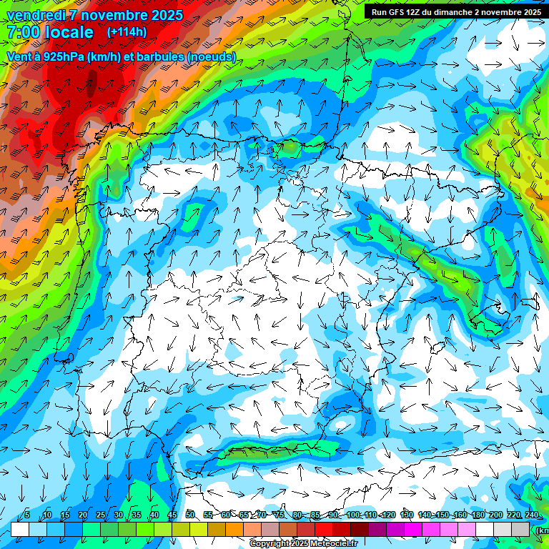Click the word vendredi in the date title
pyautogui.click(x=34, y=15)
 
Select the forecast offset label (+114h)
pyautogui.click(x=126, y=32)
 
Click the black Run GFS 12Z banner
pyautogui.click(x=455, y=12)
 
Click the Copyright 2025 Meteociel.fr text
pyautogui.click(x=304, y=543)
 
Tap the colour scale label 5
pyautogui.click(x=27, y=515)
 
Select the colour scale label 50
pyautogui.click(x=190, y=515)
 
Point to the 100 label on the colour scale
pyautogui.click(x=352, y=515)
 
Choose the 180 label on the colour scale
pyautogui.click(x=478, y=515)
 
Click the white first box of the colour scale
pyautogui.click(x=20, y=529)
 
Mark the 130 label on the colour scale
pyautogui.click(x=406, y=515)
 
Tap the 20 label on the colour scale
pyautogui.click(x=83, y=515)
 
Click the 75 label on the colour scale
pyautogui.click(x=280, y=515)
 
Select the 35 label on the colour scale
pyautogui.click(x=137, y=515)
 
